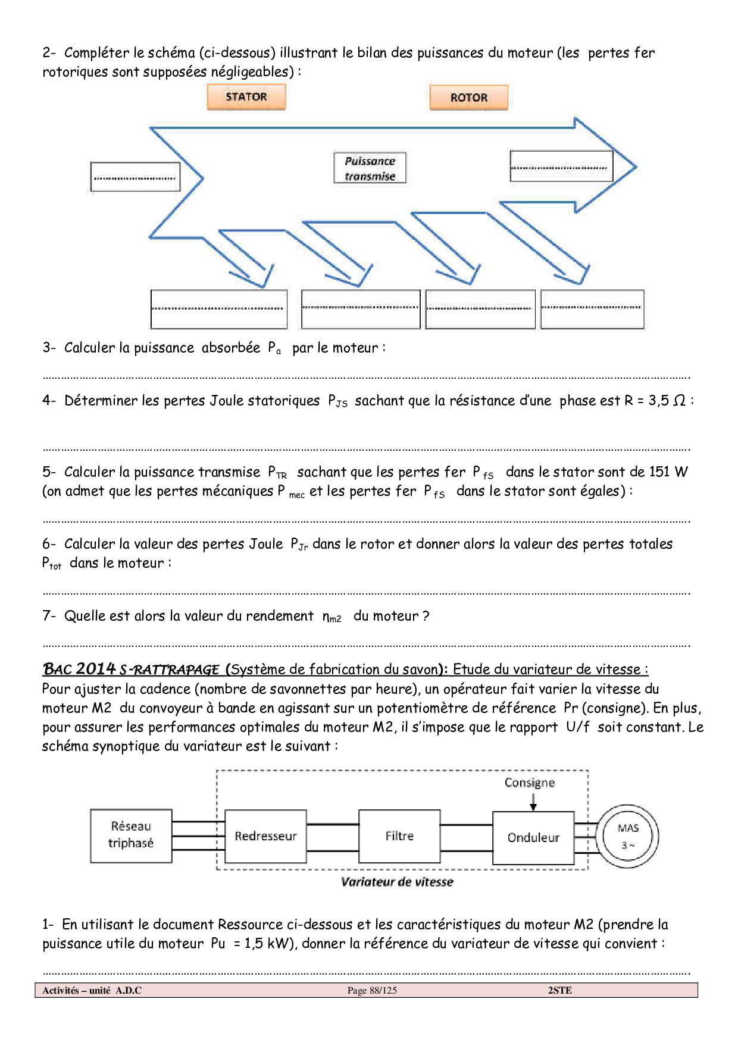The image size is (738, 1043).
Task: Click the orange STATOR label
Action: click(246, 97)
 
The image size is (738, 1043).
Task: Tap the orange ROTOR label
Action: click(468, 98)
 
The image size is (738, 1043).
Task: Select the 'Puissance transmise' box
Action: click(370, 168)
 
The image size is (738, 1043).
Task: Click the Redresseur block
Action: click(265, 836)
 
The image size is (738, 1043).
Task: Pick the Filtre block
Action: click(399, 836)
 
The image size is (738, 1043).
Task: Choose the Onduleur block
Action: click(533, 838)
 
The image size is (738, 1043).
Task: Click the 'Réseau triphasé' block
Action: click(131, 835)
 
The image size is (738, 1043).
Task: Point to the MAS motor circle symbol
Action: click(628, 835)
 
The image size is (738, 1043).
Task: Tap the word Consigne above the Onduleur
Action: click(529, 783)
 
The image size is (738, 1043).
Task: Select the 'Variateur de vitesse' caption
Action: click(397, 882)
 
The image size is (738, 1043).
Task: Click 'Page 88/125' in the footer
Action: click(372, 990)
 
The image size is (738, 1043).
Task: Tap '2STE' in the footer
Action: click(559, 990)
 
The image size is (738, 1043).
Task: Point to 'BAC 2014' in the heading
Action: click(79, 669)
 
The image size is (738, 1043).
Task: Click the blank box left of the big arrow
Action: click(135, 177)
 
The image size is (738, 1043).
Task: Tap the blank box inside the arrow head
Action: click(561, 166)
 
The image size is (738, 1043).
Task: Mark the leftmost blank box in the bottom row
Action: click(218, 309)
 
